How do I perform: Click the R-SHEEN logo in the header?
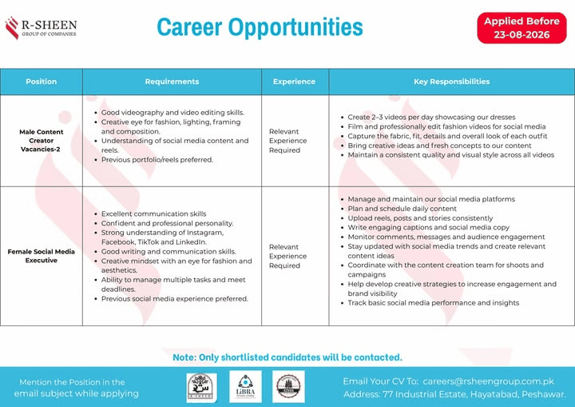[41, 28]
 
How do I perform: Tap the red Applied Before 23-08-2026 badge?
[521, 28]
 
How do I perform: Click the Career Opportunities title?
[260, 27]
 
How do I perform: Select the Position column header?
[41, 82]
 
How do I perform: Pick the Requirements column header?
[172, 82]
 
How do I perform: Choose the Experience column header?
[294, 82]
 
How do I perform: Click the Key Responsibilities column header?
[452, 82]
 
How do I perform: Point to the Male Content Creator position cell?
[41, 140]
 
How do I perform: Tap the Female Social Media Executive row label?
[41, 256]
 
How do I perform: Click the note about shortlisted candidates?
[287, 357]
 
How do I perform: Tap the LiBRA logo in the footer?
[245, 386]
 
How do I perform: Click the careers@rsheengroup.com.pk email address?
[489, 381]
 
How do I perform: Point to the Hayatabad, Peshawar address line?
[454, 394]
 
